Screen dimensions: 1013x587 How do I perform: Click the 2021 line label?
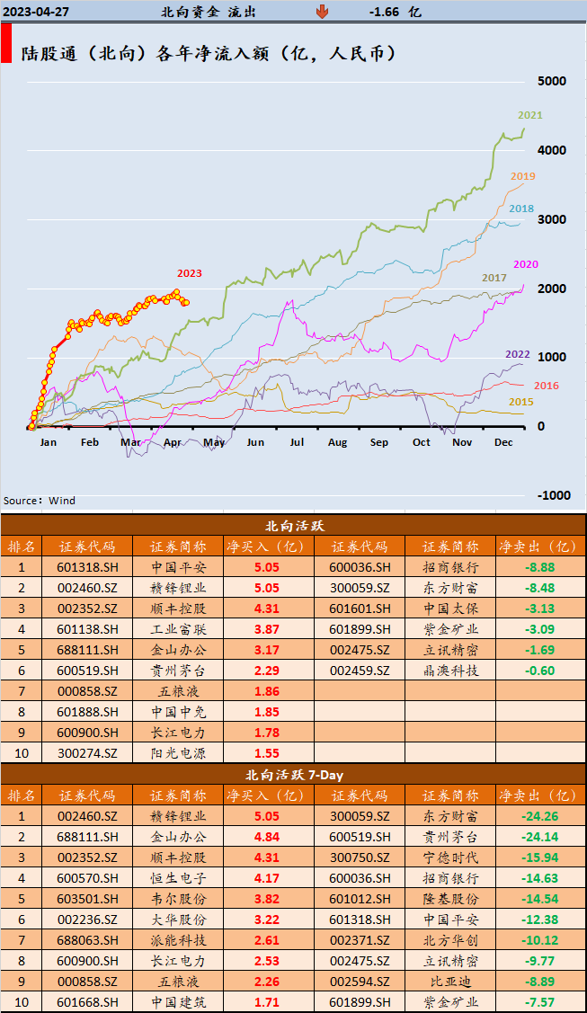click(x=529, y=115)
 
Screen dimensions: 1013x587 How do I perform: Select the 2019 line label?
click(x=522, y=176)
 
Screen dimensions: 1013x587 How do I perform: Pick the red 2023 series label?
click(x=189, y=273)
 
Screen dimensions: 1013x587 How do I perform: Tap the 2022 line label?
click(x=517, y=353)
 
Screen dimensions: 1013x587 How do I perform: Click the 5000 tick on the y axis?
click(x=551, y=81)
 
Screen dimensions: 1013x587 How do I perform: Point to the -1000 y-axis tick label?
click(x=554, y=495)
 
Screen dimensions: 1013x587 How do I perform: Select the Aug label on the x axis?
click(x=337, y=442)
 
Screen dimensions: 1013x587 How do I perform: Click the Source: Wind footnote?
click(x=40, y=501)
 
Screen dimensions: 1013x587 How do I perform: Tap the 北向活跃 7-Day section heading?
click(x=294, y=774)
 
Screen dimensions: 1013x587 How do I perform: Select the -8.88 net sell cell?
click(x=540, y=567)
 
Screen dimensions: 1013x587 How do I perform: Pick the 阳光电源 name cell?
click(x=178, y=753)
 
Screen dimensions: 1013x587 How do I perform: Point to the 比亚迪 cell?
click(x=450, y=982)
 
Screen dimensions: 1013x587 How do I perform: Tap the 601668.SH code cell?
click(x=87, y=1002)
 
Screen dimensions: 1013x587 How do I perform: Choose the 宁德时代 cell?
click(x=450, y=857)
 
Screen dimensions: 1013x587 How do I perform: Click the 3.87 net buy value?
click(x=266, y=629)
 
